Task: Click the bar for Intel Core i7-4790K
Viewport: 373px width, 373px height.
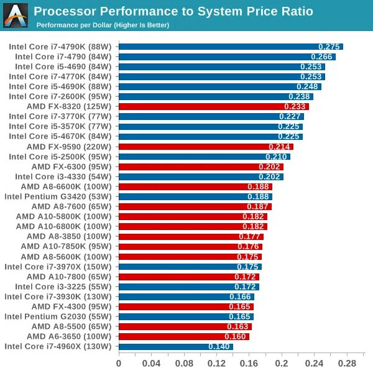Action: (230, 47)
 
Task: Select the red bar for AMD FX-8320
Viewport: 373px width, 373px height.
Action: (213, 106)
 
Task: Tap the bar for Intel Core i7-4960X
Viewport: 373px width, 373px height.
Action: (175, 346)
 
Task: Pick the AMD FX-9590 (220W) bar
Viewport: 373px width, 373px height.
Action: (205, 147)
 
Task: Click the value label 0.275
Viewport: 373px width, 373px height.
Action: (329, 47)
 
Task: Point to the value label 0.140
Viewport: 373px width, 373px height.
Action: (219, 346)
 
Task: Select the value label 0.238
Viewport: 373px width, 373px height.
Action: (299, 96)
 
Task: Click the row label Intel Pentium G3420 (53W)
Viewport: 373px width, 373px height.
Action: (58, 196)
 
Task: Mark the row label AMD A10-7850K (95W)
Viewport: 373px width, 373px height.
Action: (66, 246)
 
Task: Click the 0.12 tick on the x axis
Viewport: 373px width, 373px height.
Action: (216, 362)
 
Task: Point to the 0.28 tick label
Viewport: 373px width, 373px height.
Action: (347, 362)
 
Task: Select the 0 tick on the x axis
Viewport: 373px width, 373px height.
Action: (119, 362)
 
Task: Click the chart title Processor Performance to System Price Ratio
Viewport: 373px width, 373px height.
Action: (173, 11)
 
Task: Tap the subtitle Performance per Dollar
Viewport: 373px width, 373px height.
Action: (103, 25)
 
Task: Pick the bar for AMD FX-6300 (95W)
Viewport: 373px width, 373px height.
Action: (201, 167)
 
